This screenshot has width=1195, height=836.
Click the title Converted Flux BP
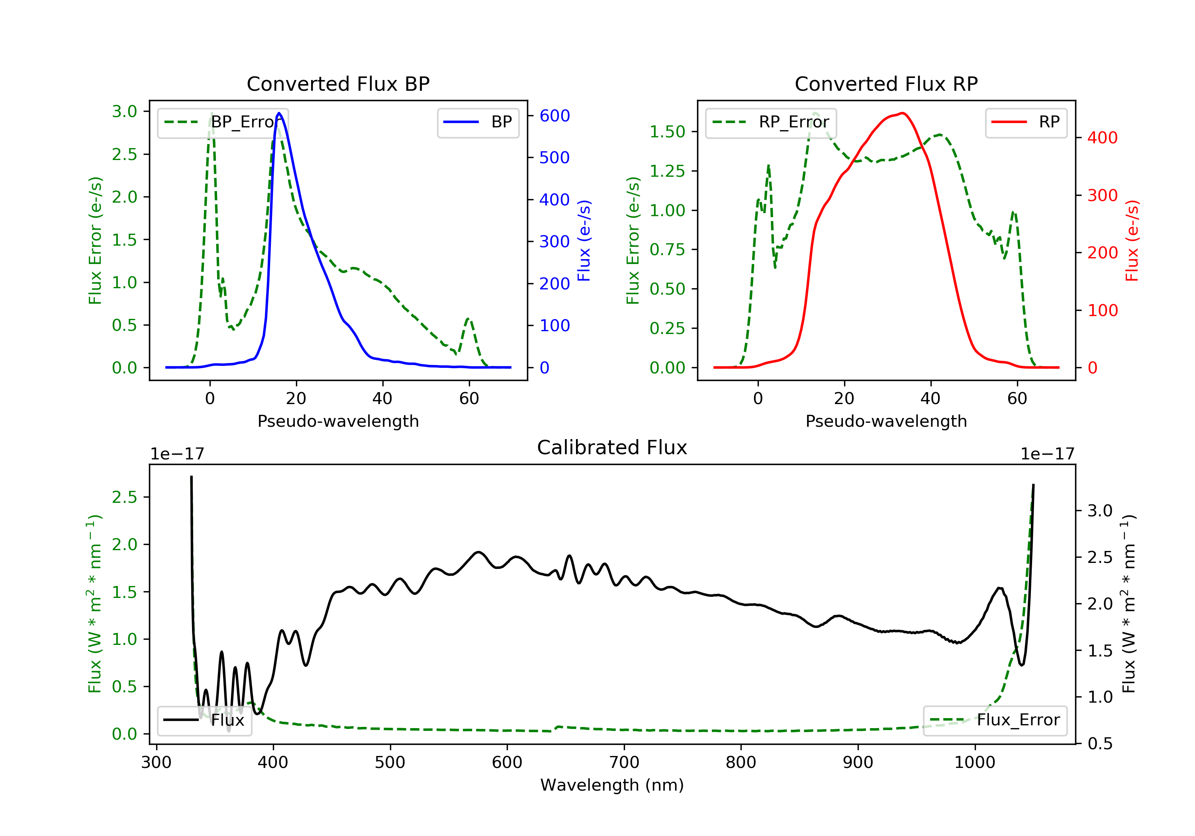click(338, 84)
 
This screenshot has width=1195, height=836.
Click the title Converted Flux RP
click(886, 84)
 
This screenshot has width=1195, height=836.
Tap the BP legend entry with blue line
click(478, 122)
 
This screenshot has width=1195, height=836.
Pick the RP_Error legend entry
click(771, 122)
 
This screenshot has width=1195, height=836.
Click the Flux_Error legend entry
click(995, 720)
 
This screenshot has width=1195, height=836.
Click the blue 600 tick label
click(554, 116)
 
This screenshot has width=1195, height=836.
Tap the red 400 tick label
click(1102, 138)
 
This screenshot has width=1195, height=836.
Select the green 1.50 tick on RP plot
click(667, 132)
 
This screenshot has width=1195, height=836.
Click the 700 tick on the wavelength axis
click(623, 763)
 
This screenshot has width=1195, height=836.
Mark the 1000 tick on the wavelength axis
click(974, 763)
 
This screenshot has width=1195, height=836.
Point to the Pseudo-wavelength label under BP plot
click(338, 421)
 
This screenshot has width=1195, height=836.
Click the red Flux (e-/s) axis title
click(1132, 240)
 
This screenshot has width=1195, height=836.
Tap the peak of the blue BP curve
click(279, 113)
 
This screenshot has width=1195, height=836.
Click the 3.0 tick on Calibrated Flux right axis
click(1100, 511)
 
